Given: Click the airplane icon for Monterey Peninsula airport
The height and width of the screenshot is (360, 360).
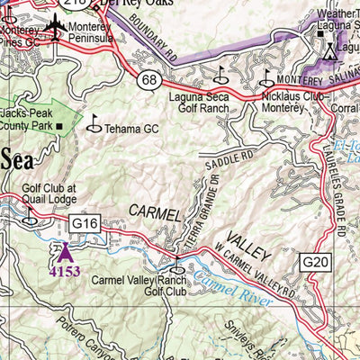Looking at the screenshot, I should pos(56,26).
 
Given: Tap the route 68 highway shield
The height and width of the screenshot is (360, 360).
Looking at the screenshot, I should pos(152,82).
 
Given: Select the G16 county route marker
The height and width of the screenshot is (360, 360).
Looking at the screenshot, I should pos(84,222).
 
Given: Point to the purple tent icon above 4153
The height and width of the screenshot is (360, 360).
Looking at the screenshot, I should pos(63,249).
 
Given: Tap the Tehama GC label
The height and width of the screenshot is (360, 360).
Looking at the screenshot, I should pos(132,129).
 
